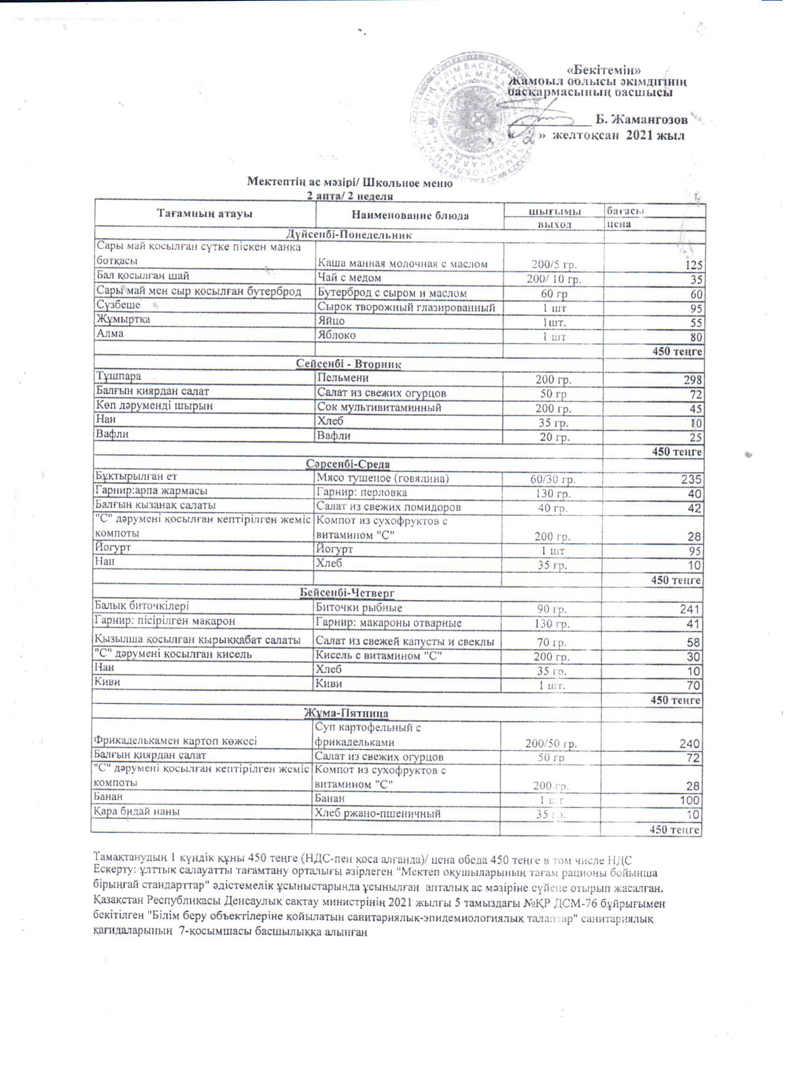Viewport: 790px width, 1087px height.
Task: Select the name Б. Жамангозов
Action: tap(641, 119)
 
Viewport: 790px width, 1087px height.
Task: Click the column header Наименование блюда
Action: tap(409, 216)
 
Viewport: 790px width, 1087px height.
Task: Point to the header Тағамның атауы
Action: tap(204, 214)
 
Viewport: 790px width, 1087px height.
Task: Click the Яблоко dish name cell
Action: tap(337, 335)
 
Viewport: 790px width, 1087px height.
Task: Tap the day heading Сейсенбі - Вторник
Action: tap(349, 364)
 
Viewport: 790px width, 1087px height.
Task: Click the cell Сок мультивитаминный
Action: tap(379, 407)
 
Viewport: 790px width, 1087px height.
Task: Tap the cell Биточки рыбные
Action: tap(358, 608)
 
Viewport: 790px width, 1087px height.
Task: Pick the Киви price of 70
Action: tap(694, 685)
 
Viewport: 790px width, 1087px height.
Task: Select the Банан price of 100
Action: tap(691, 800)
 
